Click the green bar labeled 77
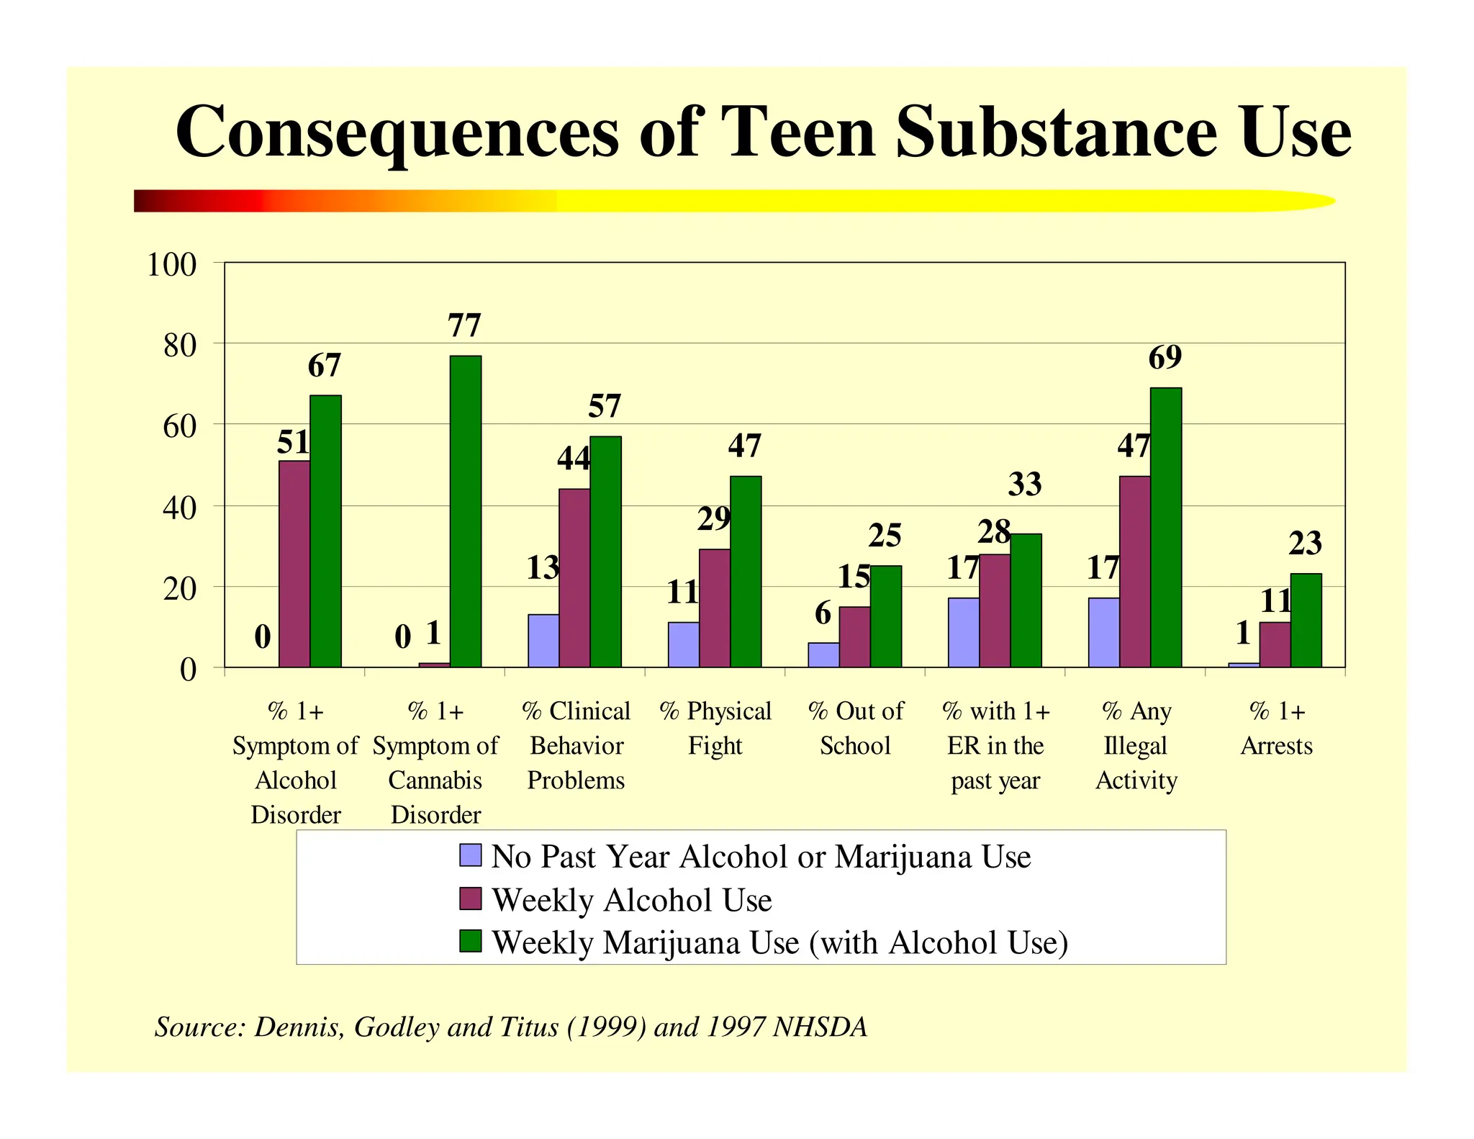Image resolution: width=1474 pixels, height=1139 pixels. point(466,511)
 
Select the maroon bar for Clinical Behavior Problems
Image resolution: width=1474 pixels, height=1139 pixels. point(574,578)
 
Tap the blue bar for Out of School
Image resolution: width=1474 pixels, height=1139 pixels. point(823,655)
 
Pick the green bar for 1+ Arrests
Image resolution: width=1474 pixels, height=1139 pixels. point(1306,621)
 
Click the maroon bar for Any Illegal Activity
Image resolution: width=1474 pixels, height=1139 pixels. point(1134,572)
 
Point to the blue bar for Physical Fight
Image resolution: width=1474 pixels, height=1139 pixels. point(683,645)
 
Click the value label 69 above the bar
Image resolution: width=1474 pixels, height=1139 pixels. point(1165,358)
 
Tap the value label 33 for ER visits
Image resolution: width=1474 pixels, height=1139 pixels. point(1025,485)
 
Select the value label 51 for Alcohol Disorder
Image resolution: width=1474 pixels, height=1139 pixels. point(294,443)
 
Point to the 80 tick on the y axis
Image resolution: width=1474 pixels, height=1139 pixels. point(180,346)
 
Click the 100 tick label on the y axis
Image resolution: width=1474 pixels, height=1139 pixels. point(171,265)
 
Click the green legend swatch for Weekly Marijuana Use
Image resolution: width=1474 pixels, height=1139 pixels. point(470,941)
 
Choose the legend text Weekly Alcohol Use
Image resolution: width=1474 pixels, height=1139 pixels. point(631,900)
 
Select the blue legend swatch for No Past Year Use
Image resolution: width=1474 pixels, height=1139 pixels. point(470,855)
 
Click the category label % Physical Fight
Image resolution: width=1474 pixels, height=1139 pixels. point(715,728)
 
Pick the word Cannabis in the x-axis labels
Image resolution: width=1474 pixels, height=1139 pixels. point(435,780)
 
